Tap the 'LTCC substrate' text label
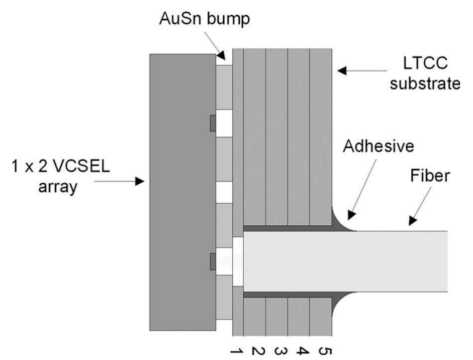point(425,75)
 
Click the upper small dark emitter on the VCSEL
point(213,123)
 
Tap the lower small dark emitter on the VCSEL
point(213,261)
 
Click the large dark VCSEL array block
point(183,192)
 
